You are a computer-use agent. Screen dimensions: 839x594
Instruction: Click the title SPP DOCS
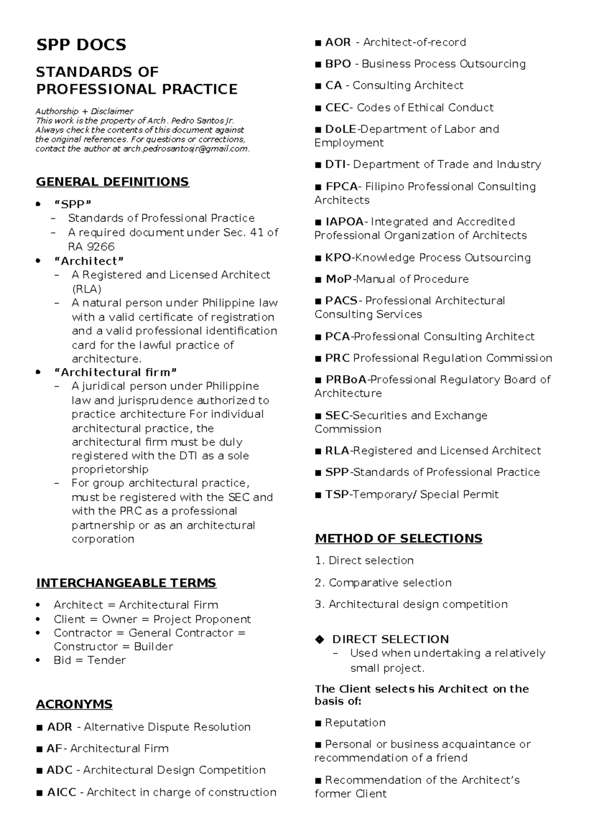(81, 45)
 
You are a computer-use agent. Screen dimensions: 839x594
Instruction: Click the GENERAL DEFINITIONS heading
(112, 182)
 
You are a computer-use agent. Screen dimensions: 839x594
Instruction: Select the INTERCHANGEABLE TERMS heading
(126, 583)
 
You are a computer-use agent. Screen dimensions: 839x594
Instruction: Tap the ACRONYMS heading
(74, 704)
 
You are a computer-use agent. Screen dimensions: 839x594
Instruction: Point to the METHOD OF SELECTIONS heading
(398, 538)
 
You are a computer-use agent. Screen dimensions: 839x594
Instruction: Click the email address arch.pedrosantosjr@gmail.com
(186, 149)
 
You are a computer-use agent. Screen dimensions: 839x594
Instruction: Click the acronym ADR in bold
(59, 727)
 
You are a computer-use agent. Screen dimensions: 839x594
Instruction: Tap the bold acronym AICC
(61, 792)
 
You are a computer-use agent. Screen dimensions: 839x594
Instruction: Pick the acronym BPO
(338, 64)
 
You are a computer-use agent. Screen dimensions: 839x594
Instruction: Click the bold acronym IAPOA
(344, 222)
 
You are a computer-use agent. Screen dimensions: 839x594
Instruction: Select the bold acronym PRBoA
(346, 379)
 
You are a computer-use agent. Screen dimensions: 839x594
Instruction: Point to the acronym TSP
(337, 494)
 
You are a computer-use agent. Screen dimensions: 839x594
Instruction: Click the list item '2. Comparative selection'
(383, 582)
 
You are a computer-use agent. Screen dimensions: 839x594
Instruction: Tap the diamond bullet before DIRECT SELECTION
(319, 639)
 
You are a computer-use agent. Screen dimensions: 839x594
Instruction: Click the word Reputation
(355, 722)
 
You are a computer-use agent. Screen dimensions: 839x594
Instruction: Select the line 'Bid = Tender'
(89, 660)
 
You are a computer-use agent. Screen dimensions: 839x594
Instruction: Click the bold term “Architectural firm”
(114, 372)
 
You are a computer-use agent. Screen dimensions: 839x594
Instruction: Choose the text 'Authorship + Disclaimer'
(84, 111)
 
